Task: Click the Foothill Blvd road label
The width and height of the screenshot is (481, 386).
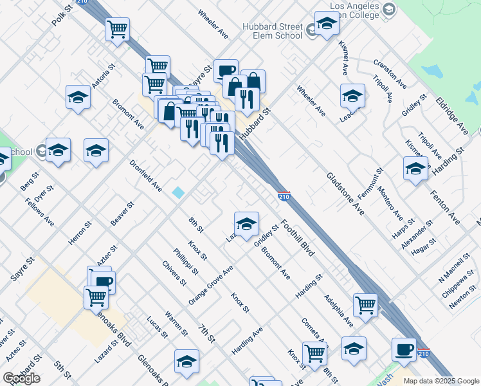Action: pyautogui.click(x=298, y=241)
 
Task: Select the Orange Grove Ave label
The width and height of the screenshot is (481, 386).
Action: pyautogui.click(x=210, y=285)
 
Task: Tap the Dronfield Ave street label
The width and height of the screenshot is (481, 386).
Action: pyautogui.click(x=146, y=176)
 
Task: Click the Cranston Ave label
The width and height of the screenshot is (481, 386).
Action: pyautogui.click(x=390, y=75)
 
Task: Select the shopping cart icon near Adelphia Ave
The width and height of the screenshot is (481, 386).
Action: pyautogui.click(x=365, y=304)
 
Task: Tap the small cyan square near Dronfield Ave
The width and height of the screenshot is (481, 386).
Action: pyautogui.click(x=178, y=192)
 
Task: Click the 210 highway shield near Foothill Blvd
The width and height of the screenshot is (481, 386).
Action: pyautogui.click(x=285, y=194)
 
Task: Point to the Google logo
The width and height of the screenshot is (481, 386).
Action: pyautogui.click(x=21, y=378)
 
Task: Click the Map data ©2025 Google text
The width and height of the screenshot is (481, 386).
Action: pyautogui.click(x=440, y=381)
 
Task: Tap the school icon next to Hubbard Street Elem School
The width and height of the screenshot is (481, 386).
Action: pyautogui.click(x=327, y=24)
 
